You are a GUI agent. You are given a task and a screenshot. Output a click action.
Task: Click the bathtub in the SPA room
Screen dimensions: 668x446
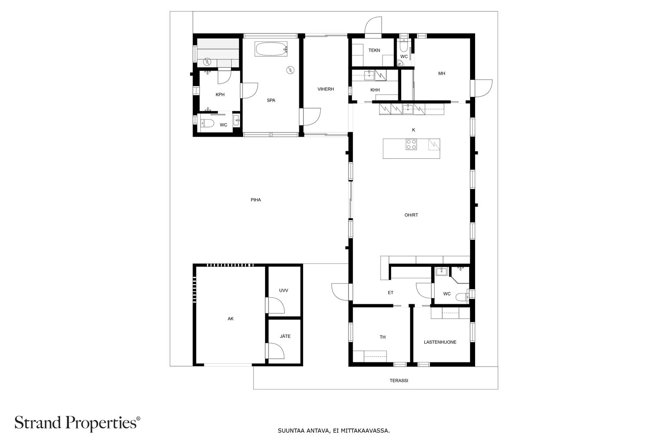tap(271, 48)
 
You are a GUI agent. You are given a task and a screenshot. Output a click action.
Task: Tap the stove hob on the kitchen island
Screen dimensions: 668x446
tap(411, 145)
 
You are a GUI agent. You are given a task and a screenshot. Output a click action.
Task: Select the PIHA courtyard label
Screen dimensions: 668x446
tap(256, 200)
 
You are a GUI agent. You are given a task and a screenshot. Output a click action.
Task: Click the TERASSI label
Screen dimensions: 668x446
tap(399, 381)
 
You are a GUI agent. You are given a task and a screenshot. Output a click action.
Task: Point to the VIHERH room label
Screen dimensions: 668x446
tap(326, 89)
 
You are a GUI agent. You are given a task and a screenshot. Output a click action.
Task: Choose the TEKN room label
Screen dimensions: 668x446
tap(374, 50)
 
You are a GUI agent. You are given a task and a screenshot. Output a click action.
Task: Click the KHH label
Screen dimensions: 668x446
tap(375, 90)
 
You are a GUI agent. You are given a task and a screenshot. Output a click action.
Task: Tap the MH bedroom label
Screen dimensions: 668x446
tap(442, 74)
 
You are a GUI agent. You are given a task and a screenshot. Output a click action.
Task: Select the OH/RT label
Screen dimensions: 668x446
tap(411, 215)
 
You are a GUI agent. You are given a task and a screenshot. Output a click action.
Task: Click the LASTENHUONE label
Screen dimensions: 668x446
tap(440, 342)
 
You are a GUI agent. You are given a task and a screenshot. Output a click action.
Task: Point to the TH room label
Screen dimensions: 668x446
tap(382, 337)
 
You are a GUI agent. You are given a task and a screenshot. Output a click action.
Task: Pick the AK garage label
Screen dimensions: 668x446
tap(230, 319)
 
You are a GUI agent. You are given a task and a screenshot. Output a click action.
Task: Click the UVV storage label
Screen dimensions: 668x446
tap(283, 291)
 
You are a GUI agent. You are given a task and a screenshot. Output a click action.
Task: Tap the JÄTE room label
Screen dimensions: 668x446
tap(285, 336)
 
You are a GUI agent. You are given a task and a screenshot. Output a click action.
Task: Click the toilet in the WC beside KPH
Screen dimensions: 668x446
tap(207, 123)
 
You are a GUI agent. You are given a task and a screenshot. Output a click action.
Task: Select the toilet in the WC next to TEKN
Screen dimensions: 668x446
tap(403, 46)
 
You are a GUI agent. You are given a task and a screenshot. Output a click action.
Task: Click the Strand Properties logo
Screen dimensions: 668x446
tap(77, 423)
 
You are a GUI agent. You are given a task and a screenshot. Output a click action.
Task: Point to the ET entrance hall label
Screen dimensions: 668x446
tap(391, 293)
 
